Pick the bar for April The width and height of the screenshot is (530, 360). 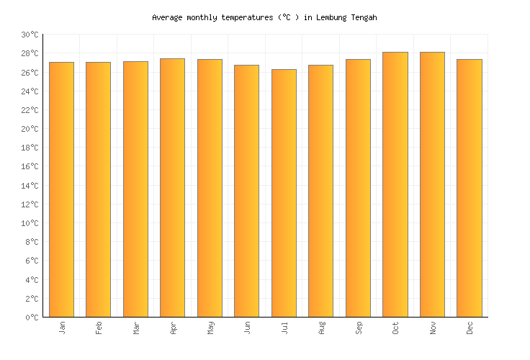click(172, 187)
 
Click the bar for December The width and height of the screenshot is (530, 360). click(469, 188)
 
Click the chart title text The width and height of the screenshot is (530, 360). click(264, 17)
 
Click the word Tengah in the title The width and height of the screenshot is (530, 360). click(361, 17)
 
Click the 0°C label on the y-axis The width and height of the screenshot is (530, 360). click(31, 318)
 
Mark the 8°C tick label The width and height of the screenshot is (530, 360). click(31, 242)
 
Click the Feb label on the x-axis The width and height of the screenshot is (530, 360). click(99, 328)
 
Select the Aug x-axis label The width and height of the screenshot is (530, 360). click(321, 328)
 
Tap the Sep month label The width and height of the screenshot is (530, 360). click(358, 328)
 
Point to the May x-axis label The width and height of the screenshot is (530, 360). click(210, 328)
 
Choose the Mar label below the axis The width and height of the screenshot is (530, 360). click(135, 328)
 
